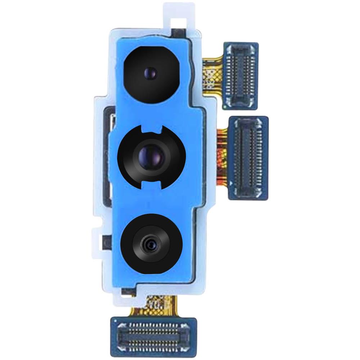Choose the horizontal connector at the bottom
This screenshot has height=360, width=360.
153,330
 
